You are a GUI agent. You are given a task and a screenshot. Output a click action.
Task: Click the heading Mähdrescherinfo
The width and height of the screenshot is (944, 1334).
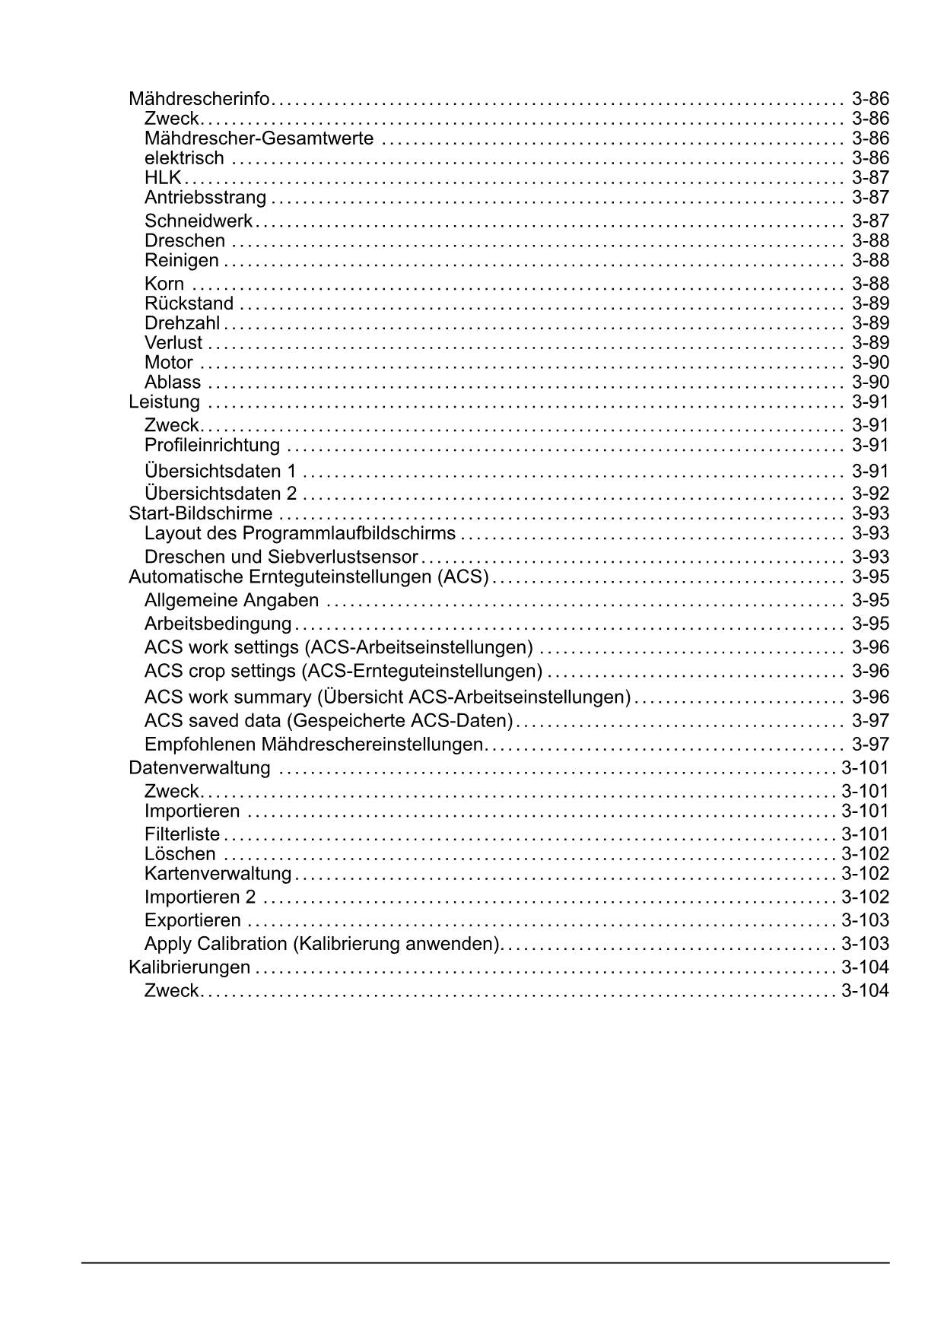199,99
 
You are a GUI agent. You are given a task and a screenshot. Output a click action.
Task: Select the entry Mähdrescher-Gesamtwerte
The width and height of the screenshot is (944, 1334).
259,138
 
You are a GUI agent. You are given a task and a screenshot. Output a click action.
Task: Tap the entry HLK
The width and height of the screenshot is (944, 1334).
163,178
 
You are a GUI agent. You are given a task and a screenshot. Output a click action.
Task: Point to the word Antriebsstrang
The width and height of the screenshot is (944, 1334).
205,198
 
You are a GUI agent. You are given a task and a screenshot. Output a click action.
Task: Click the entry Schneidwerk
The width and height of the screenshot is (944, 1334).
199,221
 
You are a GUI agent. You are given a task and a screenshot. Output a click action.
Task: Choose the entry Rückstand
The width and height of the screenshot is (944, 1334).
189,303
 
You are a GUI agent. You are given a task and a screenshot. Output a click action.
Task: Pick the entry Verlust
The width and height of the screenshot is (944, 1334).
173,343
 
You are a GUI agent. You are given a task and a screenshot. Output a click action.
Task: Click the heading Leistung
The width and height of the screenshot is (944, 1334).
164,402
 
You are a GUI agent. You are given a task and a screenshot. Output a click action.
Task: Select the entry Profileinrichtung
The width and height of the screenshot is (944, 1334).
212,445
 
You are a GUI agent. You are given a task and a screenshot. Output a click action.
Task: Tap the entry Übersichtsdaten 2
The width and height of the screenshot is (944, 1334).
221,494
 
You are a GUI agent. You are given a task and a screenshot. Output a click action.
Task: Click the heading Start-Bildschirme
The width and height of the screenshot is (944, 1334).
201,513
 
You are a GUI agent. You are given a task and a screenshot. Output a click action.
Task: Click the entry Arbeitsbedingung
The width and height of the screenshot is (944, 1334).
218,624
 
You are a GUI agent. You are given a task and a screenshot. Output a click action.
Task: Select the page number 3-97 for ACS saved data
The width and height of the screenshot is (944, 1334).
870,720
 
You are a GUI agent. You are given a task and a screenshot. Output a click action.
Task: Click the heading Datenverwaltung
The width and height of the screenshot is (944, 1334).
199,767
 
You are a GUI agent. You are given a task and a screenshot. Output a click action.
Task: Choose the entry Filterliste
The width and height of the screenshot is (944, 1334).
182,834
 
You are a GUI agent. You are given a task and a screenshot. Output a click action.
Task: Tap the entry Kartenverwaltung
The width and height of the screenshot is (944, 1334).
218,874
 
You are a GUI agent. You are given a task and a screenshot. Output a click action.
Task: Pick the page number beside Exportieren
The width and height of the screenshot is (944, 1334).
865,920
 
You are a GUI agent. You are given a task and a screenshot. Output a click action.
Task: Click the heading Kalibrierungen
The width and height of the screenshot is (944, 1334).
189,967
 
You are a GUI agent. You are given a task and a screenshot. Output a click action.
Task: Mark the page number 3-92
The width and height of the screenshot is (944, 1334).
870,494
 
